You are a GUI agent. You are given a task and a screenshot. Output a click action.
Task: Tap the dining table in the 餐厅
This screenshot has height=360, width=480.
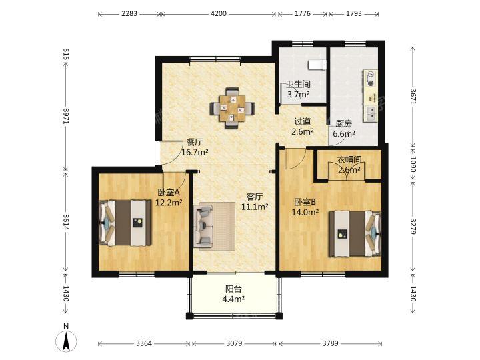coord(232,109)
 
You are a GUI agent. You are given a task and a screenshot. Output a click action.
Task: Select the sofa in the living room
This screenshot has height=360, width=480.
coord(203,226)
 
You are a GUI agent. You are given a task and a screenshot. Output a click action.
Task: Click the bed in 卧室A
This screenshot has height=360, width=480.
coord(126,223)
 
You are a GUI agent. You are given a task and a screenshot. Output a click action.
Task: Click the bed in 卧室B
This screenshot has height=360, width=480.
coord(355,234)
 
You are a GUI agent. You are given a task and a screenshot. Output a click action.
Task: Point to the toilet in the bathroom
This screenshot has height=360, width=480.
coord(317,65)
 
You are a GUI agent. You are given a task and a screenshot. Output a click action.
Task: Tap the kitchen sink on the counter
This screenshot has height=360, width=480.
coord(371,113)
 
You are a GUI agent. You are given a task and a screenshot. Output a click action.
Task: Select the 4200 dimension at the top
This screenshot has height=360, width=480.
coord(219,14)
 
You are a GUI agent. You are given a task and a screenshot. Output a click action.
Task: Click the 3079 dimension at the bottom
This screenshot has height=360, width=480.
coord(234,343)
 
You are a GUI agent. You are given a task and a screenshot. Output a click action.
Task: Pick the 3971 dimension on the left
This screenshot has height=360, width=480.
coord(66,116)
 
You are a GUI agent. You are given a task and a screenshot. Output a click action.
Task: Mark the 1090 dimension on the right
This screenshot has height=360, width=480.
coord(413,165)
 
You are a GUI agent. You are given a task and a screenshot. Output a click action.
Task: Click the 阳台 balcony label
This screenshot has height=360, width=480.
coord(233,289)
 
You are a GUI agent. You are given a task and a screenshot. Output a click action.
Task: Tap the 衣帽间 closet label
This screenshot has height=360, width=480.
coord(349,159)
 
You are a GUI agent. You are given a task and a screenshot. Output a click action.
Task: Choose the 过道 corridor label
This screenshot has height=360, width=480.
coord(303,121)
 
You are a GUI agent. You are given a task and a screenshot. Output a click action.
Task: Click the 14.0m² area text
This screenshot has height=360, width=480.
coord(305,212)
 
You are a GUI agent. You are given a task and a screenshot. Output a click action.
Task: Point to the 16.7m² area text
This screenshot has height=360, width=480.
coord(195,152)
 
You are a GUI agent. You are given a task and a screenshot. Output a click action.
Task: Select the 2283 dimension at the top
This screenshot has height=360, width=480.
coord(129,14)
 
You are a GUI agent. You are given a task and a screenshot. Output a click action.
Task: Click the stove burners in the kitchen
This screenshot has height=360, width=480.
coord(371,79)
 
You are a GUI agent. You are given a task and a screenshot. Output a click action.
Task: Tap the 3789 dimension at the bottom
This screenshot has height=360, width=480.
coord(330,343)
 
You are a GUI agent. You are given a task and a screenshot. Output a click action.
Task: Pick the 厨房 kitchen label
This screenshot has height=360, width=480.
coord(344,124)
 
